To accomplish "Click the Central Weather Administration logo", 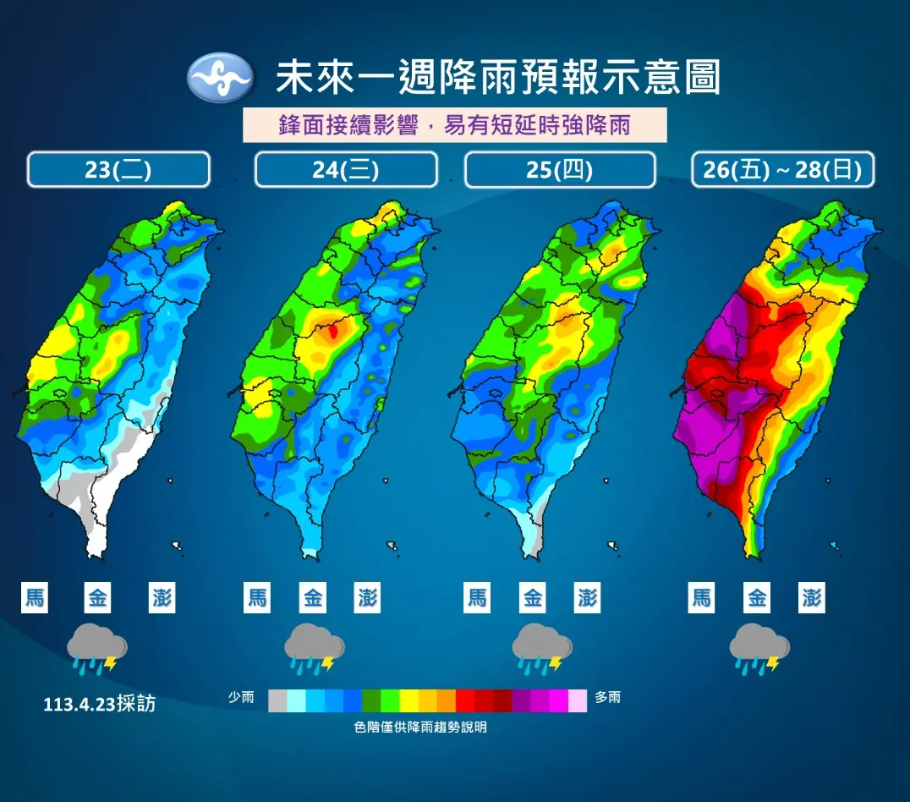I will point(219,78).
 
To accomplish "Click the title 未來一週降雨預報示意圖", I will point(497,78).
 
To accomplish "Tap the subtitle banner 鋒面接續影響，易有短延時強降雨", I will point(455,125).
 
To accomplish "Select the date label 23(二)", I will point(118,169).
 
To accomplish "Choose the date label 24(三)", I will point(346,169).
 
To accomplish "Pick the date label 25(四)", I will point(560,169).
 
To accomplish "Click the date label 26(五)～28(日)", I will point(782,169).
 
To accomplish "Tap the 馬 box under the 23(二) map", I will point(35,598).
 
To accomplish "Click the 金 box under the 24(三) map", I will point(314,598).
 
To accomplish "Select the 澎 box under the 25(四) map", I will point(587,598).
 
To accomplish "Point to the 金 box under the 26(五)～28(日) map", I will point(757,598).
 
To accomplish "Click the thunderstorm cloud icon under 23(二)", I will point(97,650).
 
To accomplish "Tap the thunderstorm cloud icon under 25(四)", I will point(541,650).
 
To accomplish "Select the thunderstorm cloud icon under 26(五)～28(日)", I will point(759,650).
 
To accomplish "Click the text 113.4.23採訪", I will point(100,704).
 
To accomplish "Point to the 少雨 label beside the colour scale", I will point(241,698).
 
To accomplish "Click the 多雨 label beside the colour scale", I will point(607,698).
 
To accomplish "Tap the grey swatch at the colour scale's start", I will point(277,700).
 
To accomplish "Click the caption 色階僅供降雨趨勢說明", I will point(420,727).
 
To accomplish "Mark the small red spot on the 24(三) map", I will point(333,331).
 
